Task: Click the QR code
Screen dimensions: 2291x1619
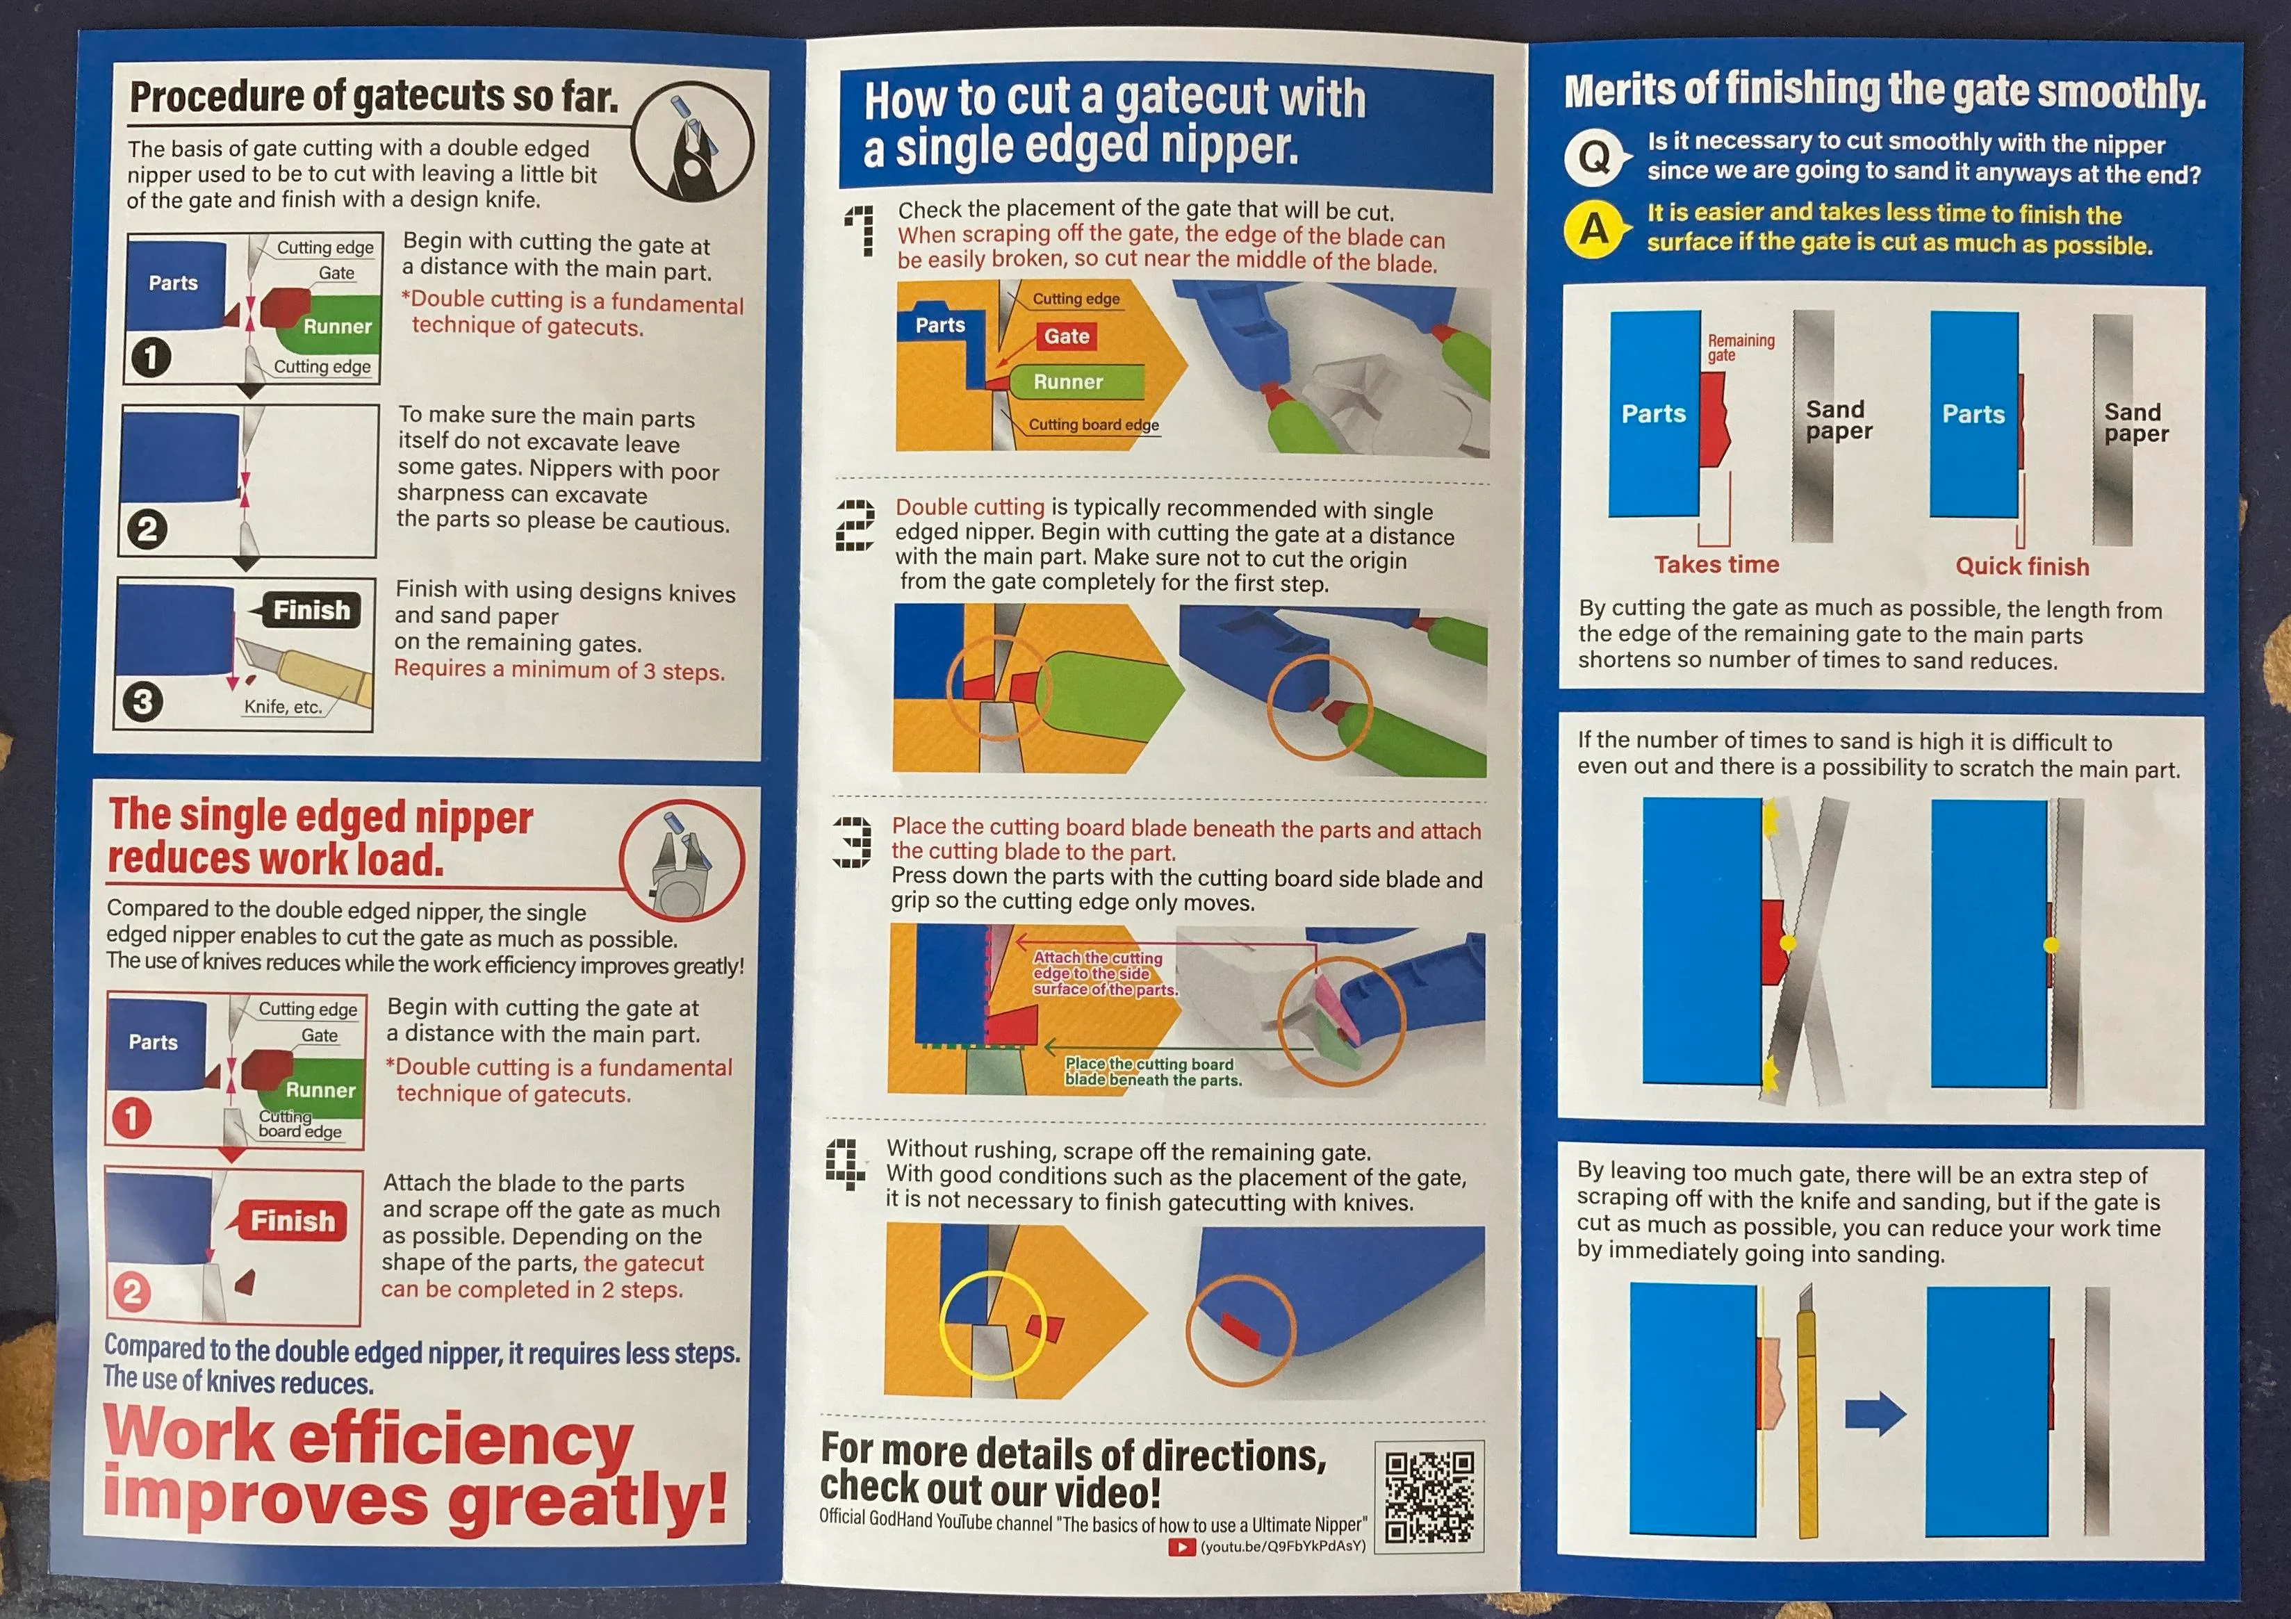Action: click(1429, 1495)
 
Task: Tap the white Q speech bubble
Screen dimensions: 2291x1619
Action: click(1595, 158)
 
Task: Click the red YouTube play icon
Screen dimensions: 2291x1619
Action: click(1181, 1547)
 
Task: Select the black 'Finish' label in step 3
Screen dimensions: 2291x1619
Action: click(306, 609)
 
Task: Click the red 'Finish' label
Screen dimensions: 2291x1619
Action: click(288, 1220)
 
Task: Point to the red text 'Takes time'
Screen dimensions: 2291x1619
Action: click(1716, 565)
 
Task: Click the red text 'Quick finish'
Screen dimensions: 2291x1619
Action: click(2021, 566)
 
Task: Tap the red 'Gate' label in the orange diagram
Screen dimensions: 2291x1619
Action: click(1066, 336)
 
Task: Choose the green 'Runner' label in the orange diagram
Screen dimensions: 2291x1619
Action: click(1067, 382)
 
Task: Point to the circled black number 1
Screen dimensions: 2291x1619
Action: click(151, 358)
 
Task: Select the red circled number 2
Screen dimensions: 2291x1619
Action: click(131, 1293)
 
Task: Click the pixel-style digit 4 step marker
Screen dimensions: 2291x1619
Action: click(845, 1164)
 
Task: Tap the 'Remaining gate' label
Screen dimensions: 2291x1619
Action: click(1740, 347)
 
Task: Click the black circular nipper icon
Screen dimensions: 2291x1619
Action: click(691, 140)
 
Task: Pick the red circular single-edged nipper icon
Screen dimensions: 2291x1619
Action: click(682, 861)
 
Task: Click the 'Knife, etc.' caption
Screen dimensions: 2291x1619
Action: click(284, 706)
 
